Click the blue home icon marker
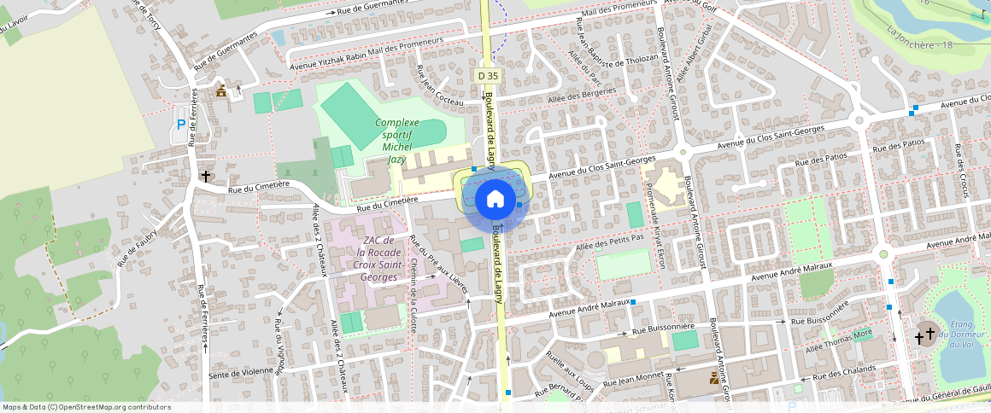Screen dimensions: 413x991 (x=495, y=200)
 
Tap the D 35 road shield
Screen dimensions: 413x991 (x=488, y=76)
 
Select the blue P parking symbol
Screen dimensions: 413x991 (x=180, y=125)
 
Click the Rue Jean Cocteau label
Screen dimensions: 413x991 (x=438, y=85)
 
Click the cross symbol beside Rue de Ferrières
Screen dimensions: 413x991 (x=205, y=176)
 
